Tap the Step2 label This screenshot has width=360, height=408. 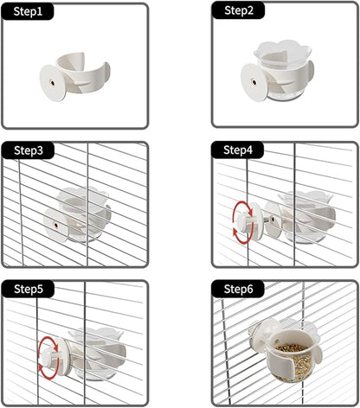[x=239, y=11]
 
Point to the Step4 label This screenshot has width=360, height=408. [x=239, y=150]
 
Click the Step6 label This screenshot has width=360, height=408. [x=239, y=288]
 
